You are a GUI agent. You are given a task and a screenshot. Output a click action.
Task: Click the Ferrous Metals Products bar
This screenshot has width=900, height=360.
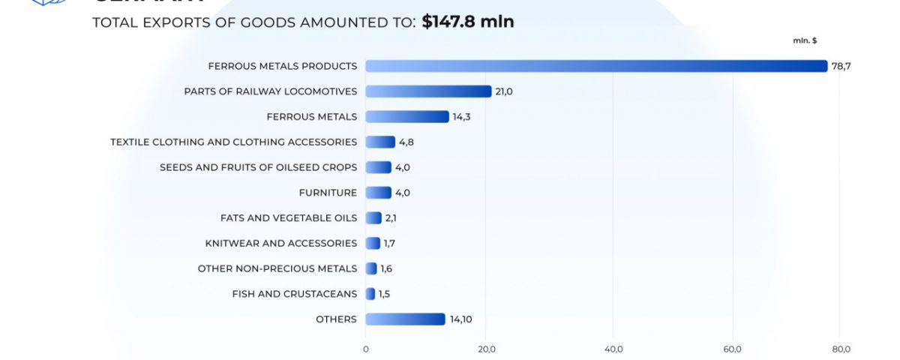point(596,66)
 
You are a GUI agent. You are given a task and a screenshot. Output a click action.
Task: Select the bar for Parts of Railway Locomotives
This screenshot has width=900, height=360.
point(428,91)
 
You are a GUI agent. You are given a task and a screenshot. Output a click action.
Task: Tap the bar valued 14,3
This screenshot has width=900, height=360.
point(407,117)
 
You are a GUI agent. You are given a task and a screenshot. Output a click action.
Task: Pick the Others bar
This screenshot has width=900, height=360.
point(405,319)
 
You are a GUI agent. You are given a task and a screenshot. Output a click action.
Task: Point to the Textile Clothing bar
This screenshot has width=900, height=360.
point(380,142)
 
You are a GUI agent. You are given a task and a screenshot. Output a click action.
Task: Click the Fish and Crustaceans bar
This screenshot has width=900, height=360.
point(370,294)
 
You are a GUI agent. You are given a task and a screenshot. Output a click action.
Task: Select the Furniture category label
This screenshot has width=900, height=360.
point(328,193)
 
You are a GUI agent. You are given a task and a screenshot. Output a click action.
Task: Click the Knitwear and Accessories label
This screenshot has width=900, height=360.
point(281,243)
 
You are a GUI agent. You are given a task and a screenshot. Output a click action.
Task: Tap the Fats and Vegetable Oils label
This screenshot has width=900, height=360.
point(289,218)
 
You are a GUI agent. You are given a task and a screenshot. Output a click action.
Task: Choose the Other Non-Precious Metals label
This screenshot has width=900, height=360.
point(277,268)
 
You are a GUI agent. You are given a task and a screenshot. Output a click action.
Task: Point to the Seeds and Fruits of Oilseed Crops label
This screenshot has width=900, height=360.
point(259,167)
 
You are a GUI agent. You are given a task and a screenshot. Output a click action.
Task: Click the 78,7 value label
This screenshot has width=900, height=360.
point(841,66)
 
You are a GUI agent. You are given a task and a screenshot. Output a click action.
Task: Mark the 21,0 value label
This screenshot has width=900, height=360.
point(503,91)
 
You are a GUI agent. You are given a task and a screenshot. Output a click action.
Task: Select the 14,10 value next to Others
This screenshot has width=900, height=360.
point(460,319)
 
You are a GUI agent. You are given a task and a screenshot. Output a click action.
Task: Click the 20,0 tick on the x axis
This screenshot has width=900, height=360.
point(486,349)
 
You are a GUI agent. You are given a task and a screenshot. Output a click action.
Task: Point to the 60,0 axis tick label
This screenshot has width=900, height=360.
point(732,349)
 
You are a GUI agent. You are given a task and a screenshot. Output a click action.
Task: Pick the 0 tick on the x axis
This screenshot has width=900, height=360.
point(366,349)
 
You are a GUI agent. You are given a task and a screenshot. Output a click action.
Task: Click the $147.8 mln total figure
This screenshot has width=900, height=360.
point(468,22)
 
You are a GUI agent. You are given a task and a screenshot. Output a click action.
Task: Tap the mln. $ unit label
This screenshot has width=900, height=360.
point(805,40)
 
